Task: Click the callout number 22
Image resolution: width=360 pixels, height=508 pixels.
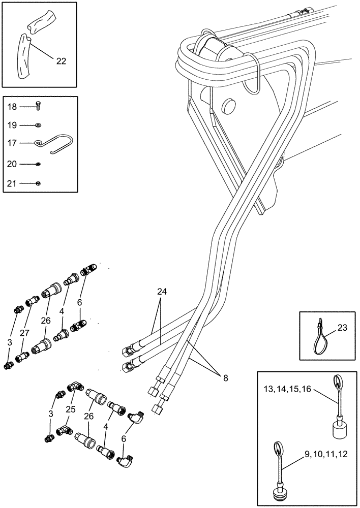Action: pos(62,61)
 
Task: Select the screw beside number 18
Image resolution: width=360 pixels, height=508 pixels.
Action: pos(39,106)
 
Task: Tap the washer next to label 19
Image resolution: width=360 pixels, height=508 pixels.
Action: pos(39,124)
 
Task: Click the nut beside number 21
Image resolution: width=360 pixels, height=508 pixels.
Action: pos(39,182)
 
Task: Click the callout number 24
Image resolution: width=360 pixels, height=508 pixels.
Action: pos(162,293)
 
